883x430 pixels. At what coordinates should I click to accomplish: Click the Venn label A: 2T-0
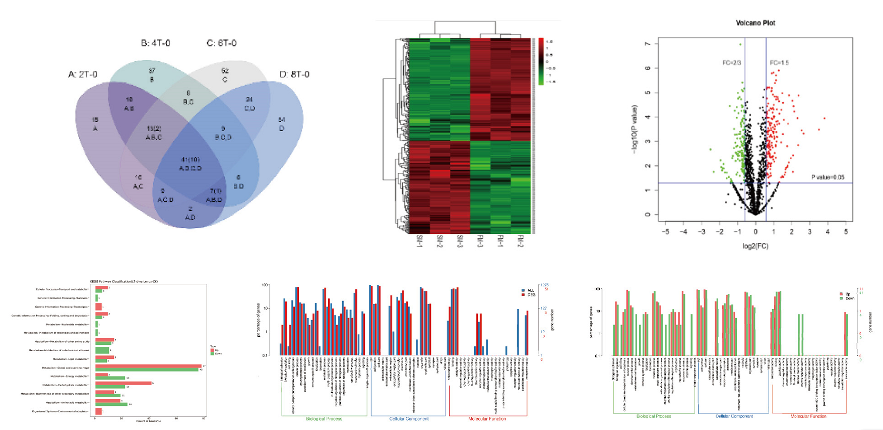click(83, 75)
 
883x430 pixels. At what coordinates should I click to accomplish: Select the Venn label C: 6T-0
click(221, 43)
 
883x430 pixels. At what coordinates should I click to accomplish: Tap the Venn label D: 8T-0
click(294, 75)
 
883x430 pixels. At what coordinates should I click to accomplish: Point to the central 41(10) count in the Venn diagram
click(190, 160)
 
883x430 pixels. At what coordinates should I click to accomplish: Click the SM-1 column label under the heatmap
click(419, 241)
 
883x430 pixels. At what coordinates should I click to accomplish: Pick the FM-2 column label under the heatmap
click(521, 241)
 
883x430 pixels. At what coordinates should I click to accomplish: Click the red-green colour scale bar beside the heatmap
click(541, 60)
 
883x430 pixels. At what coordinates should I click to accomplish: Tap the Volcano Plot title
click(755, 23)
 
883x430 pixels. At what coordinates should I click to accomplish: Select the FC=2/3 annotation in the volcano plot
click(731, 63)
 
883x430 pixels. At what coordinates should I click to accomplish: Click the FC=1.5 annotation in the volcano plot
click(779, 63)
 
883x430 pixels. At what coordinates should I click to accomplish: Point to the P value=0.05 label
click(828, 177)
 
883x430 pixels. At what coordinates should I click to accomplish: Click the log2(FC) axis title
click(755, 246)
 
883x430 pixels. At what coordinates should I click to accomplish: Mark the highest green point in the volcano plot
click(740, 44)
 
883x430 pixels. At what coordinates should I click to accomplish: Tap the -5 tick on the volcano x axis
click(665, 232)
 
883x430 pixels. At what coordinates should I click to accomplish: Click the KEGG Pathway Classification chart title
click(124, 281)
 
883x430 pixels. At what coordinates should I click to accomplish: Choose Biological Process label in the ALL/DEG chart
click(324, 419)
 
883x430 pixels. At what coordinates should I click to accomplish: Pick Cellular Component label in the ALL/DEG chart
click(409, 419)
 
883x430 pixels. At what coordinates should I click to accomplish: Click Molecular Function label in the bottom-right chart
click(808, 416)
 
